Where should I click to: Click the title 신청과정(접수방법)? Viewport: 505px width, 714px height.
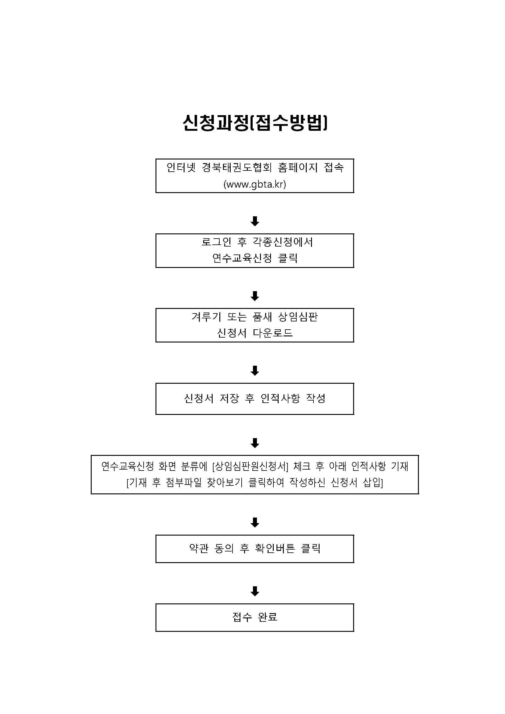click(x=255, y=123)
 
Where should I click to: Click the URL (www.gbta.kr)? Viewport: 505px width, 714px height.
click(x=255, y=185)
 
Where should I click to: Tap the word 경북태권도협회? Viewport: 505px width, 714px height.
click(x=237, y=168)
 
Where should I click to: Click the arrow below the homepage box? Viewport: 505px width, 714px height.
click(x=255, y=221)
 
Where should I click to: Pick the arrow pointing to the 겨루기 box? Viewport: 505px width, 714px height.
click(x=255, y=296)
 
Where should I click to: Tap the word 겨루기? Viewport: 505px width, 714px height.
click(x=206, y=317)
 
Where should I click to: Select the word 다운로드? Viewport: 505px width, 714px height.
click(x=273, y=333)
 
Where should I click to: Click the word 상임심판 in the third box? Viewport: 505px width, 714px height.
click(x=298, y=317)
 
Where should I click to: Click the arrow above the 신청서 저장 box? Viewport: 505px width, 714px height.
click(x=255, y=370)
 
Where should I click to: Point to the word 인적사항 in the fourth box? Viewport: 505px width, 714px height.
click(x=280, y=398)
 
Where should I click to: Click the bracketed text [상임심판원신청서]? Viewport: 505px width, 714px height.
click(x=250, y=466)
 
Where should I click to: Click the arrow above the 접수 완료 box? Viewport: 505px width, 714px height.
click(x=255, y=591)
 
